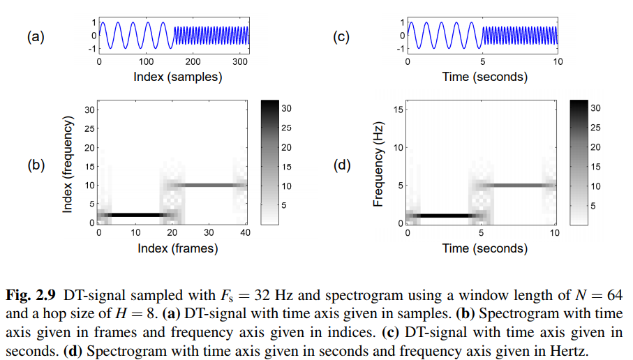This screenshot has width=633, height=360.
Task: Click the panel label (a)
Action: coord(36,37)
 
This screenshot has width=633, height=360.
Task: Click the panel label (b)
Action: coord(36,166)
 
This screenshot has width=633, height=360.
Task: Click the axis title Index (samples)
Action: coord(178,77)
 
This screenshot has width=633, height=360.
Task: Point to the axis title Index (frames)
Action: coord(177,248)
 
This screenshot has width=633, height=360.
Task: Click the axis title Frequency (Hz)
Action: coord(380,166)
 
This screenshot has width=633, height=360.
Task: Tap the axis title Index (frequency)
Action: coord(68,166)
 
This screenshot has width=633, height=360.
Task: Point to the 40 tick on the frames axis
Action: coord(245,232)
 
